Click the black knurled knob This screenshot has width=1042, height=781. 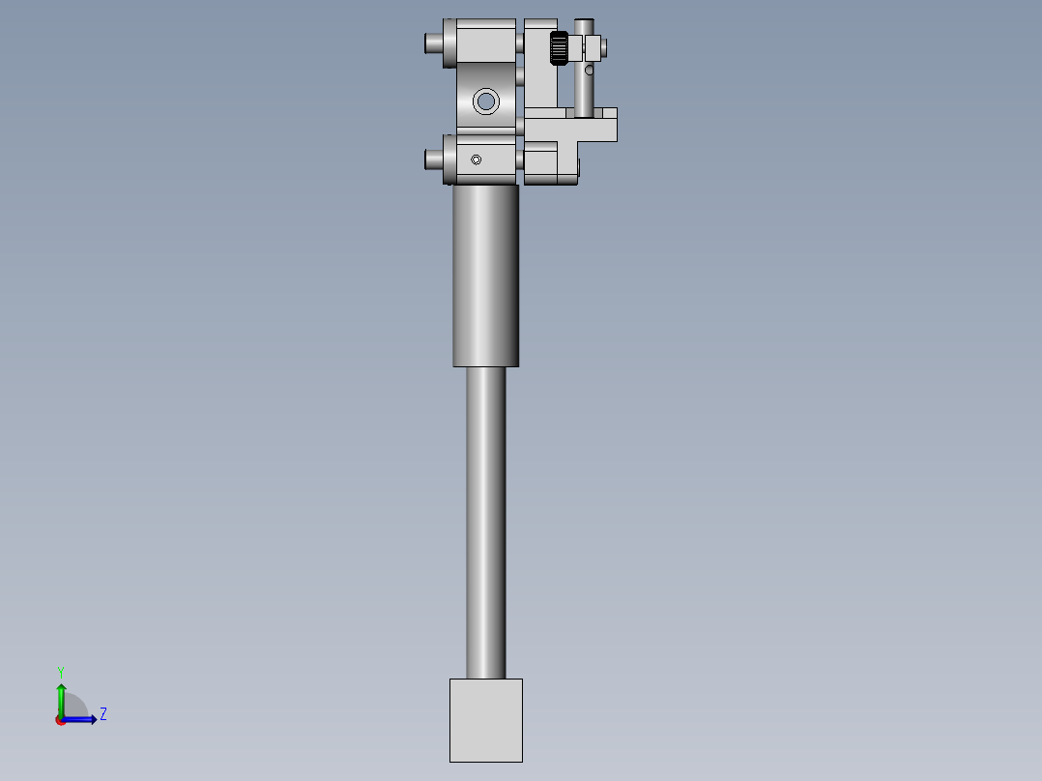coord(558,48)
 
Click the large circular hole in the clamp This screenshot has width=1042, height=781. coord(485,101)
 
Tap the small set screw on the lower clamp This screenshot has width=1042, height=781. coord(475,159)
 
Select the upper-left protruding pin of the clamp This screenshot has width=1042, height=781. coord(432,43)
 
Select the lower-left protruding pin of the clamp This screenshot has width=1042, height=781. coord(432,159)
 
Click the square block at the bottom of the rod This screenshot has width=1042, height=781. coord(485,719)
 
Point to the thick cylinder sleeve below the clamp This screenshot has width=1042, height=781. coord(485,275)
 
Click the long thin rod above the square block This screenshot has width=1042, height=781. coord(485,522)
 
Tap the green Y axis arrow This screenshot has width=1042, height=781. coord(61,696)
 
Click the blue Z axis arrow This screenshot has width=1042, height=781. coord(82,719)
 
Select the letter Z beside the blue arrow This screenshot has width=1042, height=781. coord(103,714)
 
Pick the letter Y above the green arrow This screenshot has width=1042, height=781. coord(61,671)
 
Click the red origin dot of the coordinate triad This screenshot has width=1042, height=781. coord(61,720)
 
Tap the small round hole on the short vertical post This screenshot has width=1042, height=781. coord(589,70)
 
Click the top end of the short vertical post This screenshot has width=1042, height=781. coord(584,23)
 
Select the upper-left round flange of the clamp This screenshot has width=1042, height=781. coord(449,43)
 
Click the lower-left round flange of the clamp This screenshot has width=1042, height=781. coord(449,159)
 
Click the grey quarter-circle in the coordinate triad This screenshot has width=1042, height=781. coord(75,707)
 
